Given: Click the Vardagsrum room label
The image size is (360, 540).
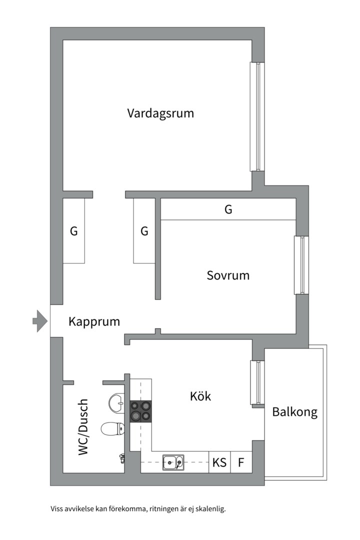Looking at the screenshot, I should [x=160, y=113].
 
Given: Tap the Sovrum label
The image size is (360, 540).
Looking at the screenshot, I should [x=228, y=275].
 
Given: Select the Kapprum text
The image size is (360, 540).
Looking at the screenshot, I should [x=94, y=321].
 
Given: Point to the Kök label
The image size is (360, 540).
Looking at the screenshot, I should [x=200, y=396].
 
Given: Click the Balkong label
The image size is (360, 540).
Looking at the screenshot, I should [x=294, y=412].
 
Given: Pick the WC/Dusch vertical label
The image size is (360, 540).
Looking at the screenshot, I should [x=83, y=426].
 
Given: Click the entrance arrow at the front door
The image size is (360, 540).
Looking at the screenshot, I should [x=39, y=321].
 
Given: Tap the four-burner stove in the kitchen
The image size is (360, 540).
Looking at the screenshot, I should [x=140, y=410].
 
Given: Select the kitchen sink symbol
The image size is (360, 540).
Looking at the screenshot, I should [x=173, y=463].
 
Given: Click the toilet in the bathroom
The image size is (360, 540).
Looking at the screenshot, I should [x=112, y=428].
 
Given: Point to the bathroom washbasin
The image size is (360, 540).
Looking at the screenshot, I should [x=116, y=403].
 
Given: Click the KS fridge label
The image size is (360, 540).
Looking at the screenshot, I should [x=219, y=463].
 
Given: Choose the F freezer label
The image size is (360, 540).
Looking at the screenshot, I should [x=241, y=463].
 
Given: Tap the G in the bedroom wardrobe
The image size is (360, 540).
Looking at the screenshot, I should [x=228, y=210].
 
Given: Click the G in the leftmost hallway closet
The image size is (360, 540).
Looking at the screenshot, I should [x=73, y=231].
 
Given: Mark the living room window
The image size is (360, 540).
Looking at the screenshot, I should [x=257, y=116].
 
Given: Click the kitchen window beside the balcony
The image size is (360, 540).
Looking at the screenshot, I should [x=257, y=382].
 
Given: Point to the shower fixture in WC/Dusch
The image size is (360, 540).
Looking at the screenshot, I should [x=121, y=456].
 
